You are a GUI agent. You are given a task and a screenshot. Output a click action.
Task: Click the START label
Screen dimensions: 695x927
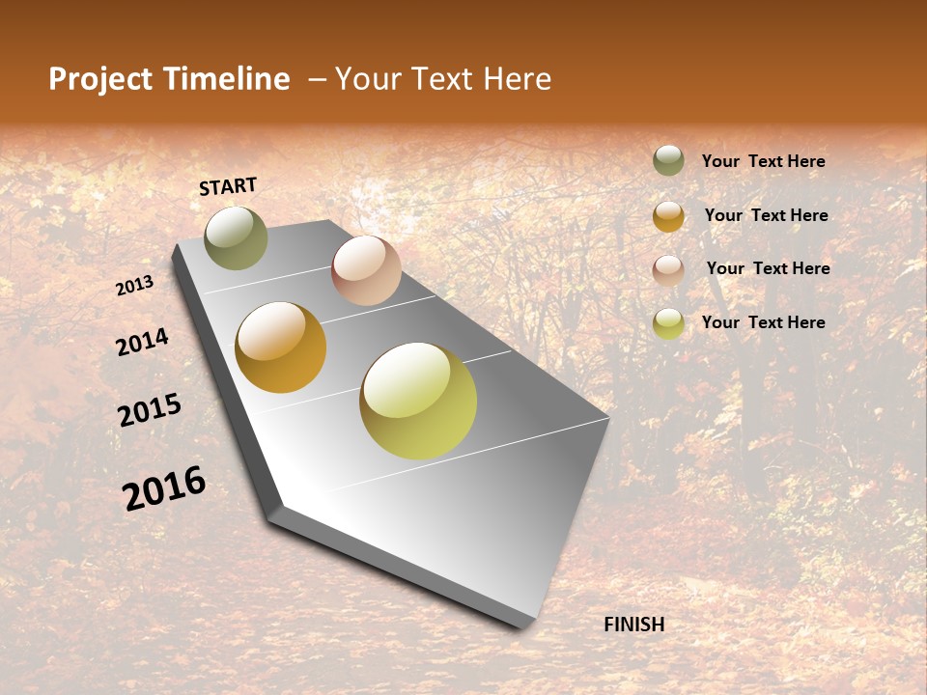pos(228,186)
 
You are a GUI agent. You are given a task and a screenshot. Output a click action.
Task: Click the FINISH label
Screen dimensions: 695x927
pos(633,625)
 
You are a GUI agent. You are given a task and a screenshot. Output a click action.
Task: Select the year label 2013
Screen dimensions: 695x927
pos(134,286)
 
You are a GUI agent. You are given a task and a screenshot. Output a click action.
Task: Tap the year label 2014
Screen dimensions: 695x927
pos(142,342)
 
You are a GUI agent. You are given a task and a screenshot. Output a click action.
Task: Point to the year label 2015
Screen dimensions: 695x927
pos(150,410)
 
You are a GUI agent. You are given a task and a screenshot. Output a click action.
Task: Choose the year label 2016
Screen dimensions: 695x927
pos(164,488)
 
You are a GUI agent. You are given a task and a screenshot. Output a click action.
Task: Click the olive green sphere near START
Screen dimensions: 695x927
pos(236,237)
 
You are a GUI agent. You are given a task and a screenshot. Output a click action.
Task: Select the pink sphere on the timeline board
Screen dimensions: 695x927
pos(366,270)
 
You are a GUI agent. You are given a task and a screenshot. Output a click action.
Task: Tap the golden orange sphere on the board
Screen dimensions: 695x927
pos(280,347)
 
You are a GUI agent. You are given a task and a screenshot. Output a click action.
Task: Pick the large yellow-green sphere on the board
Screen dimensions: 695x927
pos(418,401)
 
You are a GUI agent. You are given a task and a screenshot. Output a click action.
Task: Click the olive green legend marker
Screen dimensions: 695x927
pos(668,160)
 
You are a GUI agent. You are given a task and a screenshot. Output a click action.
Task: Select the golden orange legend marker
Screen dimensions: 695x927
pos(668,216)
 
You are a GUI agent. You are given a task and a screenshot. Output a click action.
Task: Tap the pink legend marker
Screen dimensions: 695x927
pos(668,269)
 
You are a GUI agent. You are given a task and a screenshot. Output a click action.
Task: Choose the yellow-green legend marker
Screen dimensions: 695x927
pos(668,323)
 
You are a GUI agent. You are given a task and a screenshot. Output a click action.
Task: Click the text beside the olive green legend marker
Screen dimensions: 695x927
pos(763,162)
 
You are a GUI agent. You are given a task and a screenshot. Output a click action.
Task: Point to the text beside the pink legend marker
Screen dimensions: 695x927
pos(768,268)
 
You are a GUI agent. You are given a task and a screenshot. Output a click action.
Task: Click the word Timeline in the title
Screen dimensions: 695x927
pos(226,79)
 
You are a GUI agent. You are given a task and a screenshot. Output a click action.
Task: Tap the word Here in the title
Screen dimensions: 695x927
pos(517,79)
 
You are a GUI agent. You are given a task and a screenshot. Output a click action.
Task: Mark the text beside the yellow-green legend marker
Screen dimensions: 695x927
pos(763,322)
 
